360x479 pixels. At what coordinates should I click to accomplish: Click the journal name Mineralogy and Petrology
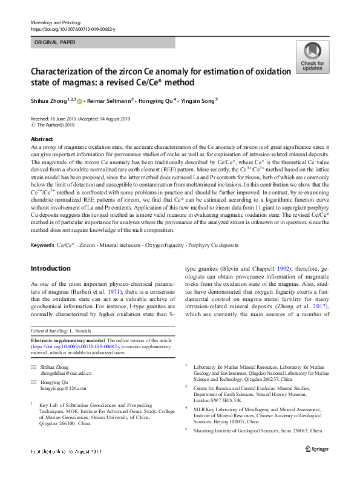tap(55, 22)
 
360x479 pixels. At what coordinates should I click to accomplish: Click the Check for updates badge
tap(312, 58)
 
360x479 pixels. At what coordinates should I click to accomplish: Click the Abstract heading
tap(42, 139)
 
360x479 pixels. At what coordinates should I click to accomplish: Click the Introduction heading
tap(51, 268)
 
